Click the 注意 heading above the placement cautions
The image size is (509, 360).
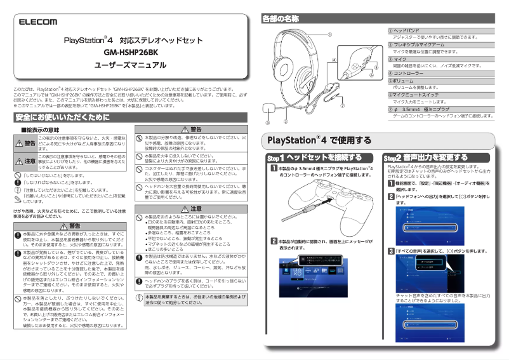point(195,208)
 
